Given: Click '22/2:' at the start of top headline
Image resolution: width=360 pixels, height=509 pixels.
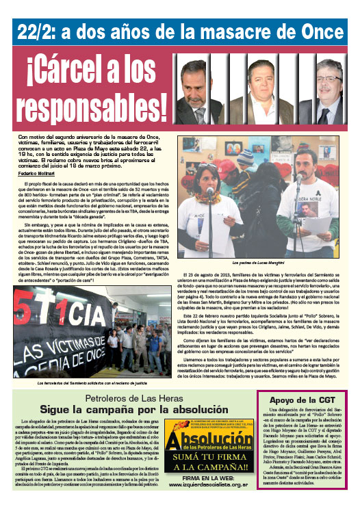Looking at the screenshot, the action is (x=40, y=31).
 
